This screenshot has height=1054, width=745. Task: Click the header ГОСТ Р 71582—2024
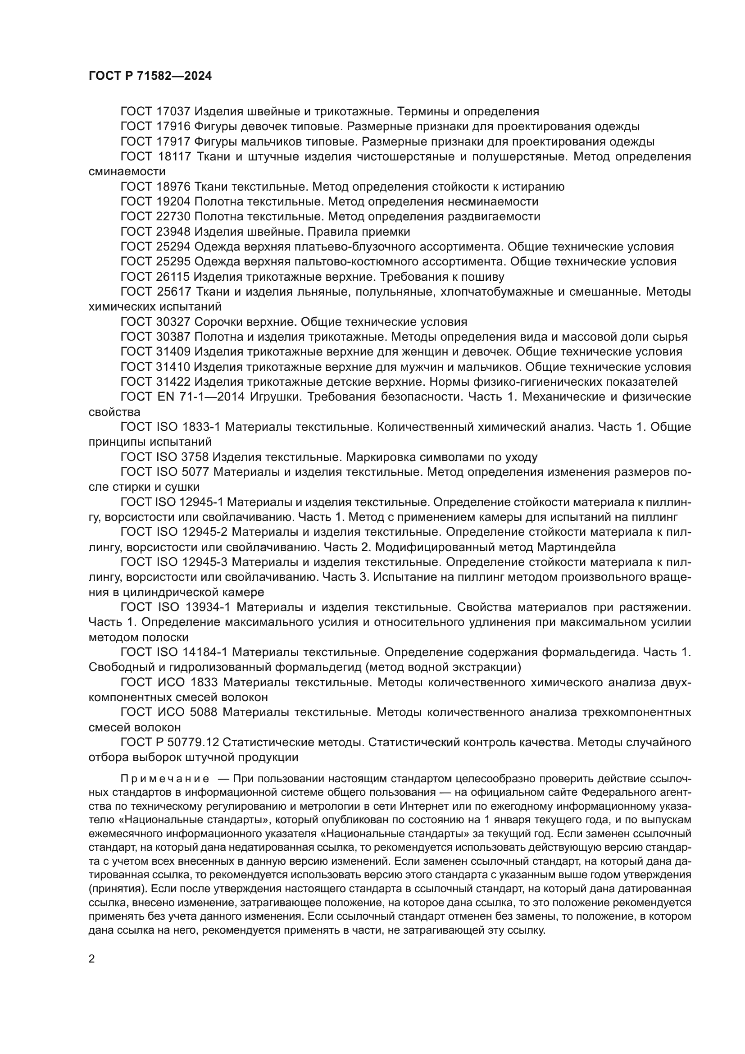click(x=150, y=76)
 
